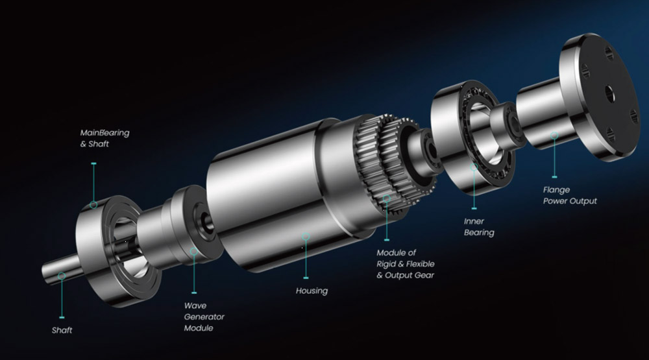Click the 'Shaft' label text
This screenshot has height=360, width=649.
click(62, 330)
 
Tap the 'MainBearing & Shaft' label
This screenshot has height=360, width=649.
click(104, 138)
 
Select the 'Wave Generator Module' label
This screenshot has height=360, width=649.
click(204, 317)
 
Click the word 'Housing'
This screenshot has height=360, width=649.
click(312, 291)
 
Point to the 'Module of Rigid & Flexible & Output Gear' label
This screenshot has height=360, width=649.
click(406, 264)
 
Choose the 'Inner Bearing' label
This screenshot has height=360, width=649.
click(479, 227)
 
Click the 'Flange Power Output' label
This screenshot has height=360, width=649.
click(570, 195)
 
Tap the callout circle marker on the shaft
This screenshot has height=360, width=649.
click(62, 276)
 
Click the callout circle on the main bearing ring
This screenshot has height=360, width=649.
click(94, 204)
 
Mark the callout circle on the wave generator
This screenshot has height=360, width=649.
click(193, 251)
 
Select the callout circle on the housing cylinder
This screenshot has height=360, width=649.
click(306, 236)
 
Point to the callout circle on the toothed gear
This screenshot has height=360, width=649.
click(387, 198)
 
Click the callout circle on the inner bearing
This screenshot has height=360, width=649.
click(474, 167)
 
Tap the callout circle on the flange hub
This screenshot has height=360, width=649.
click(554, 136)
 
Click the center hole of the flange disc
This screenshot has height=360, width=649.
click(609, 93)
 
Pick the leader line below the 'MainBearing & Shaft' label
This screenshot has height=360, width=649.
click(94, 182)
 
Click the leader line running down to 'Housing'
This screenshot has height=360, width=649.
click(306, 259)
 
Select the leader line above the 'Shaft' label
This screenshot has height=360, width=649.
click(62, 299)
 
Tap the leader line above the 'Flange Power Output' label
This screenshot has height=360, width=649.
click(554, 158)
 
